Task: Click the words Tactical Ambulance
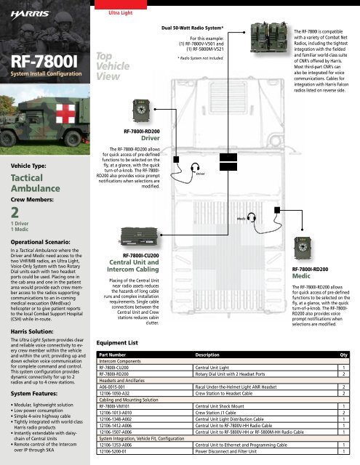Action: [32, 182]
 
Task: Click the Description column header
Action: [218, 355]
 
